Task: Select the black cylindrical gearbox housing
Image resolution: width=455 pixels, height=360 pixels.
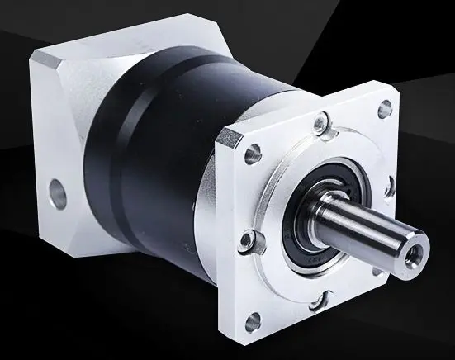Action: tap(165, 165)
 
